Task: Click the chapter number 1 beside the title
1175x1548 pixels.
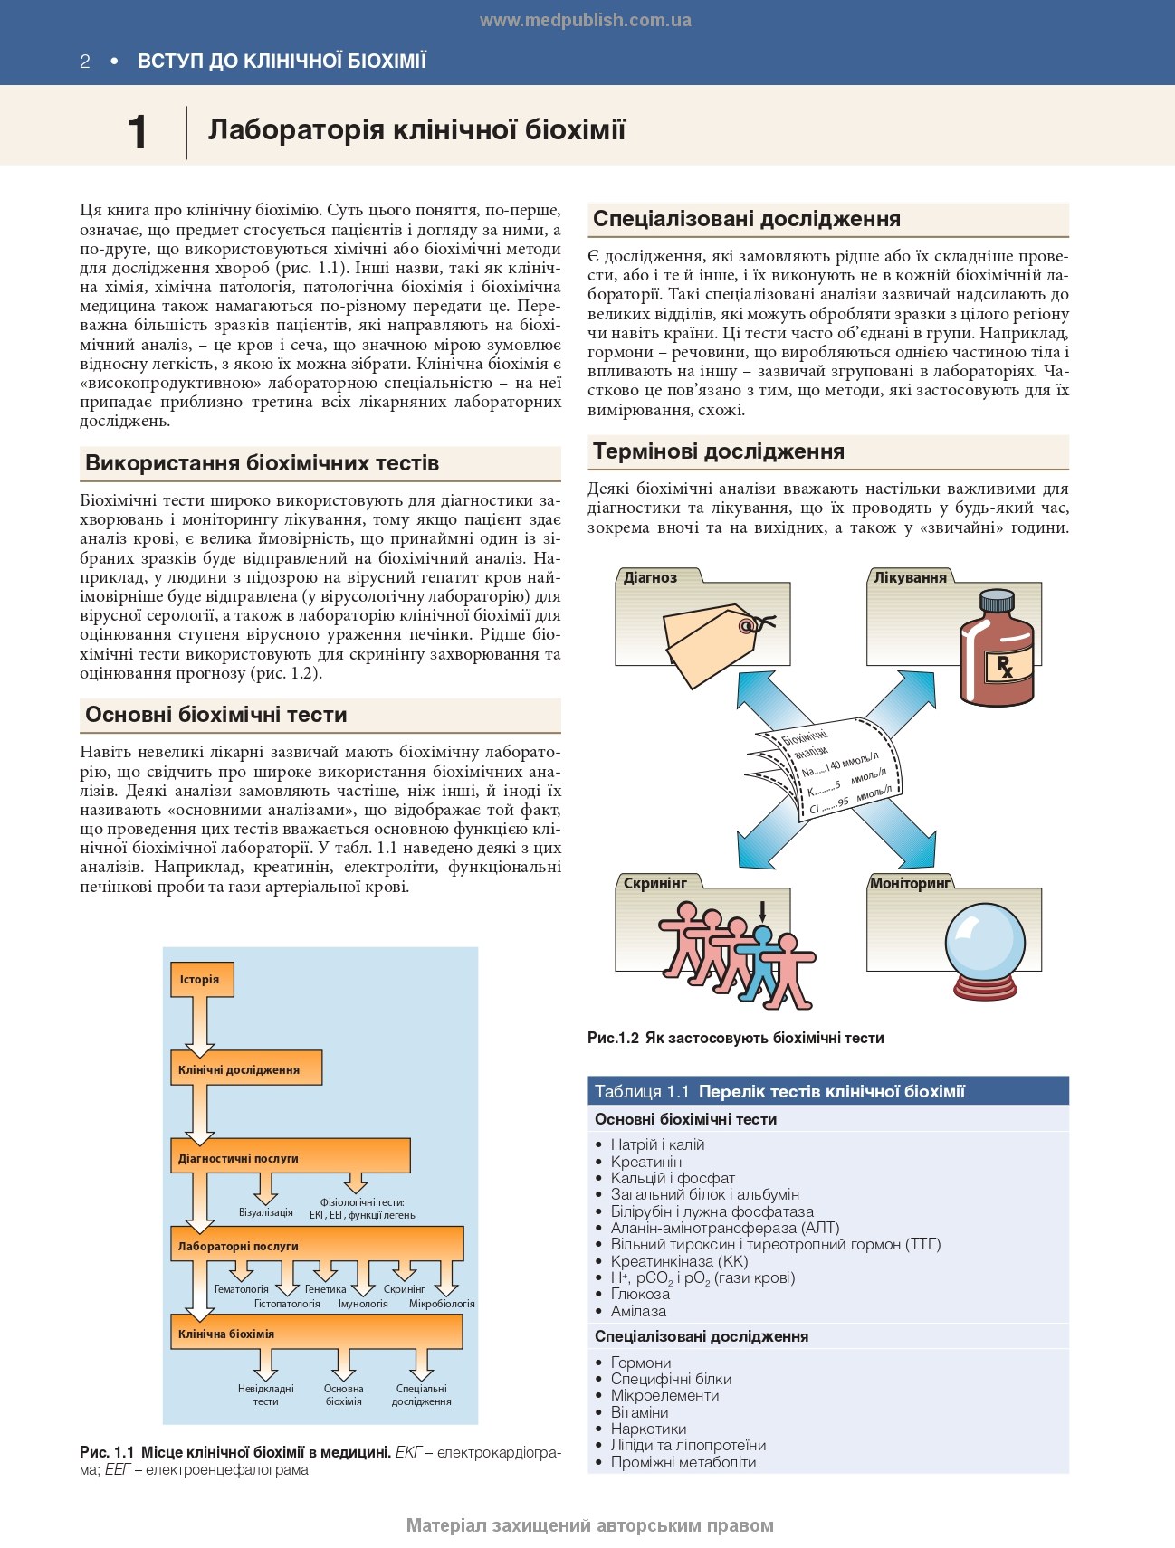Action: coord(138,133)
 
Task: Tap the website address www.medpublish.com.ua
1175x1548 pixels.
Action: coord(585,20)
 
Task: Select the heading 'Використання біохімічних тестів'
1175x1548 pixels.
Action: coord(262,463)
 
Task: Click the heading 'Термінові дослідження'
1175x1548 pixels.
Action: coord(718,451)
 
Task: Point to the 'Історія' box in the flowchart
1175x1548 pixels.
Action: coord(201,980)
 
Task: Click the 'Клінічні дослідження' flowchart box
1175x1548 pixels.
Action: coord(245,1069)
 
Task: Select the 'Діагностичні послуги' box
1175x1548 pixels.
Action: coord(290,1157)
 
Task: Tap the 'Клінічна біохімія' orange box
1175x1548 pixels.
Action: coord(316,1334)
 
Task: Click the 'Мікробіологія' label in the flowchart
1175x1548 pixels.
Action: coord(442,1304)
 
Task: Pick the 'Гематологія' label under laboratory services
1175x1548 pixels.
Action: coord(241,1289)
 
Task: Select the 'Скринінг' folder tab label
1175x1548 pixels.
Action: coord(655,883)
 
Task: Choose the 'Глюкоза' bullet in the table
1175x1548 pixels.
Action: coord(640,1294)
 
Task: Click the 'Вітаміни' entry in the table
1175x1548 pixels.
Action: coord(639,1412)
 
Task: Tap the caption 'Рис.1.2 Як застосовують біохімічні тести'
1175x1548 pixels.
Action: coord(735,1038)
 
